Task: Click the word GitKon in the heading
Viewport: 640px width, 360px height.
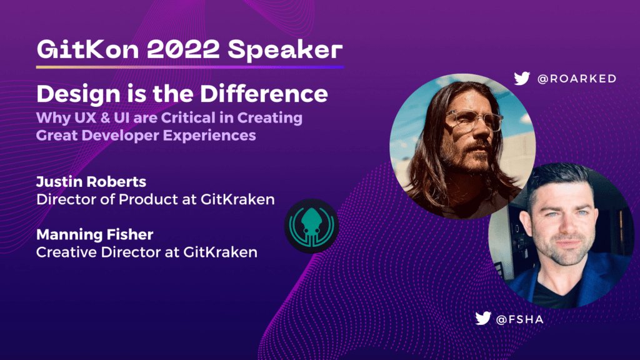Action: click(87, 49)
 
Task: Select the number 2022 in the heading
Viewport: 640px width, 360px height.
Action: click(183, 49)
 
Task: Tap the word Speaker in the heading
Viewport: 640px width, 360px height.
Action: click(285, 50)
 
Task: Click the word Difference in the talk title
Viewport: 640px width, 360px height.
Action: click(264, 94)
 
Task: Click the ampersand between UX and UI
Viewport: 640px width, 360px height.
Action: click(105, 117)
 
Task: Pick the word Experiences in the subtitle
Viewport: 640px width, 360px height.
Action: click(210, 136)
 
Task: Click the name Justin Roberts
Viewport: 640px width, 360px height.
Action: click(91, 182)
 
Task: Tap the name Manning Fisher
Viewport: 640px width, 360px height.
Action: click(95, 234)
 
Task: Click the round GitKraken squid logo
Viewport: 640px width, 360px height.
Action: click(311, 226)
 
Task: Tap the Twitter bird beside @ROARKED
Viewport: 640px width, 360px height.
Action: click(522, 78)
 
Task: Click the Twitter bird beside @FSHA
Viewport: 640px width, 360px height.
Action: click(483, 318)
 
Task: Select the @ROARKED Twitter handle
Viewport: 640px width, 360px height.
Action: click(577, 78)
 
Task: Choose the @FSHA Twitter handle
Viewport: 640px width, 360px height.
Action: click(519, 319)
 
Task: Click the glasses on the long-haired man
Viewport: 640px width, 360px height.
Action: click(474, 121)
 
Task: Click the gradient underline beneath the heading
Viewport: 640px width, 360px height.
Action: click(190, 67)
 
